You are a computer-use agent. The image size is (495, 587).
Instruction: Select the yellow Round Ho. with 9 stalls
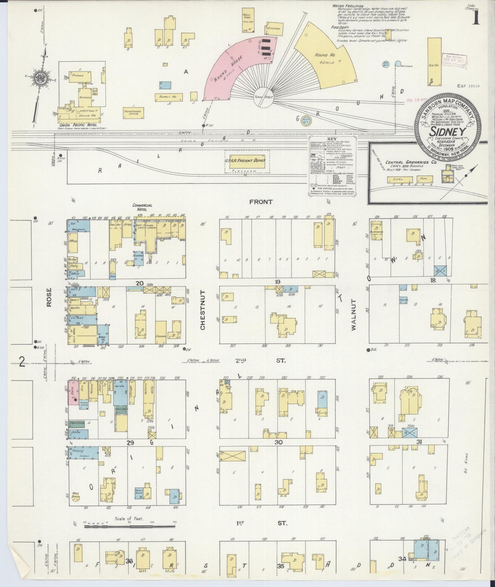pyautogui.click(x=325, y=55)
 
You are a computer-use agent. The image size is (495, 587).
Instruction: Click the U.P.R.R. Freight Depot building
pyautogui.click(x=247, y=161)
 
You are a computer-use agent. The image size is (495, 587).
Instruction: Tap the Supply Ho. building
pyautogui.click(x=168, y=97)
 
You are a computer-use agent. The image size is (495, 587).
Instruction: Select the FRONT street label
pyautogui.click(x=261, y=202)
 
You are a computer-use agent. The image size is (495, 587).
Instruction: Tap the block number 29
pyautogui.click(x=130, y=443)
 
